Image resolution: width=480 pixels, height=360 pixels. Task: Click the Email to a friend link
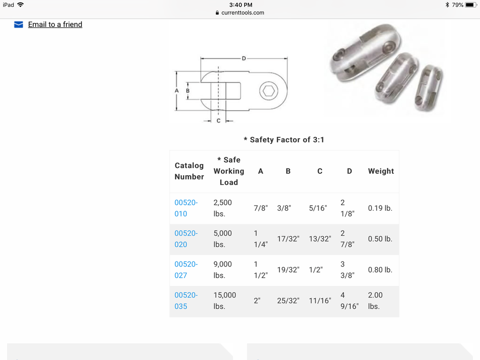point(55,24)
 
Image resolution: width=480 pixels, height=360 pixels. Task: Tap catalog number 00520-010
point(186,208)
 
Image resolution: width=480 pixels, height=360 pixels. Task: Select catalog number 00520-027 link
point(186,270)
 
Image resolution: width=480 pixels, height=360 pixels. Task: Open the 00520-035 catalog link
point(186,300)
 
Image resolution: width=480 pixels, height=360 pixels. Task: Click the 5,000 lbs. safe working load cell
point(223,239)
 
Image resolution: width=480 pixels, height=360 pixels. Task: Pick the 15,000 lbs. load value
point(225,300)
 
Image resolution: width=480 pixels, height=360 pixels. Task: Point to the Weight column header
point(381,171)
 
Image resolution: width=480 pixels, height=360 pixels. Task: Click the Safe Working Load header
point(229,171)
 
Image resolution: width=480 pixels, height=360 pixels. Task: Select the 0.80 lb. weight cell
point(380,270)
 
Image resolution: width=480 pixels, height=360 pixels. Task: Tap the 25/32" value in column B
point(288,300)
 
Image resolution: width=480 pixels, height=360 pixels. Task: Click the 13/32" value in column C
point(320,239)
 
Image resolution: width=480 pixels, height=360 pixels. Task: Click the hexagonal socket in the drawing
point(268,90)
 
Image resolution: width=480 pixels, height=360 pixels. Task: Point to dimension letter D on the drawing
point(244,59)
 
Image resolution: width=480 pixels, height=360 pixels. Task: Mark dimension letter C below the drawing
point(218,120)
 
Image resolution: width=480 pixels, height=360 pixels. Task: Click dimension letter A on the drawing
point(177,90)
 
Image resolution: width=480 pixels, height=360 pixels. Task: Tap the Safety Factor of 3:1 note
point(284,140)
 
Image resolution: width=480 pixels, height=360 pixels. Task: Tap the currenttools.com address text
point(243,12)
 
